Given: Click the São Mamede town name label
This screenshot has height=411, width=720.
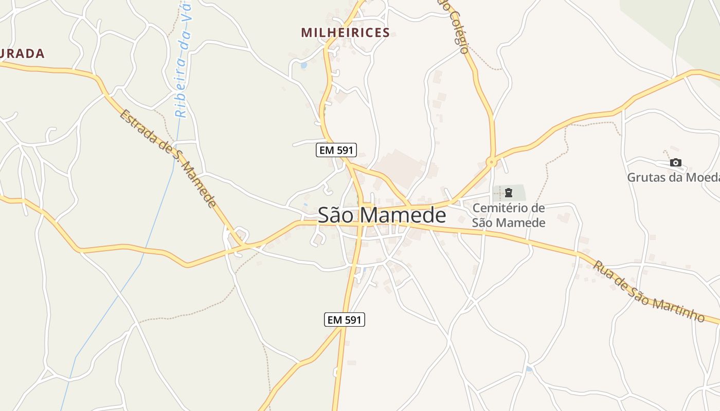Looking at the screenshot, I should (382, 215).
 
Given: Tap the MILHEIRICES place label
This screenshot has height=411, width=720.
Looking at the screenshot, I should (345, 33).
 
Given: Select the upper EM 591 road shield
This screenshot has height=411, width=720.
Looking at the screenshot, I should (336, 150).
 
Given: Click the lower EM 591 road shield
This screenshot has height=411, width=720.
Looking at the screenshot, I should (345, 320).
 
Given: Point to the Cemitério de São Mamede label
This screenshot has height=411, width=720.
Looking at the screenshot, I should (508, 215).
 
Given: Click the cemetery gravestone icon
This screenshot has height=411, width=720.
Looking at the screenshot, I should (509, 193).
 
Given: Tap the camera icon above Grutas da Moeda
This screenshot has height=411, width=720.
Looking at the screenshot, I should (676, 163).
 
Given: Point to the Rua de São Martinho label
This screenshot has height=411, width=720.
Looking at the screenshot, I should (649, 291).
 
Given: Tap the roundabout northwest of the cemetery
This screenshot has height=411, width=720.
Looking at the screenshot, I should (492, 162).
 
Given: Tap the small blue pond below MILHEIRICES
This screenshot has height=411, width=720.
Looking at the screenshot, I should (303, 66).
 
